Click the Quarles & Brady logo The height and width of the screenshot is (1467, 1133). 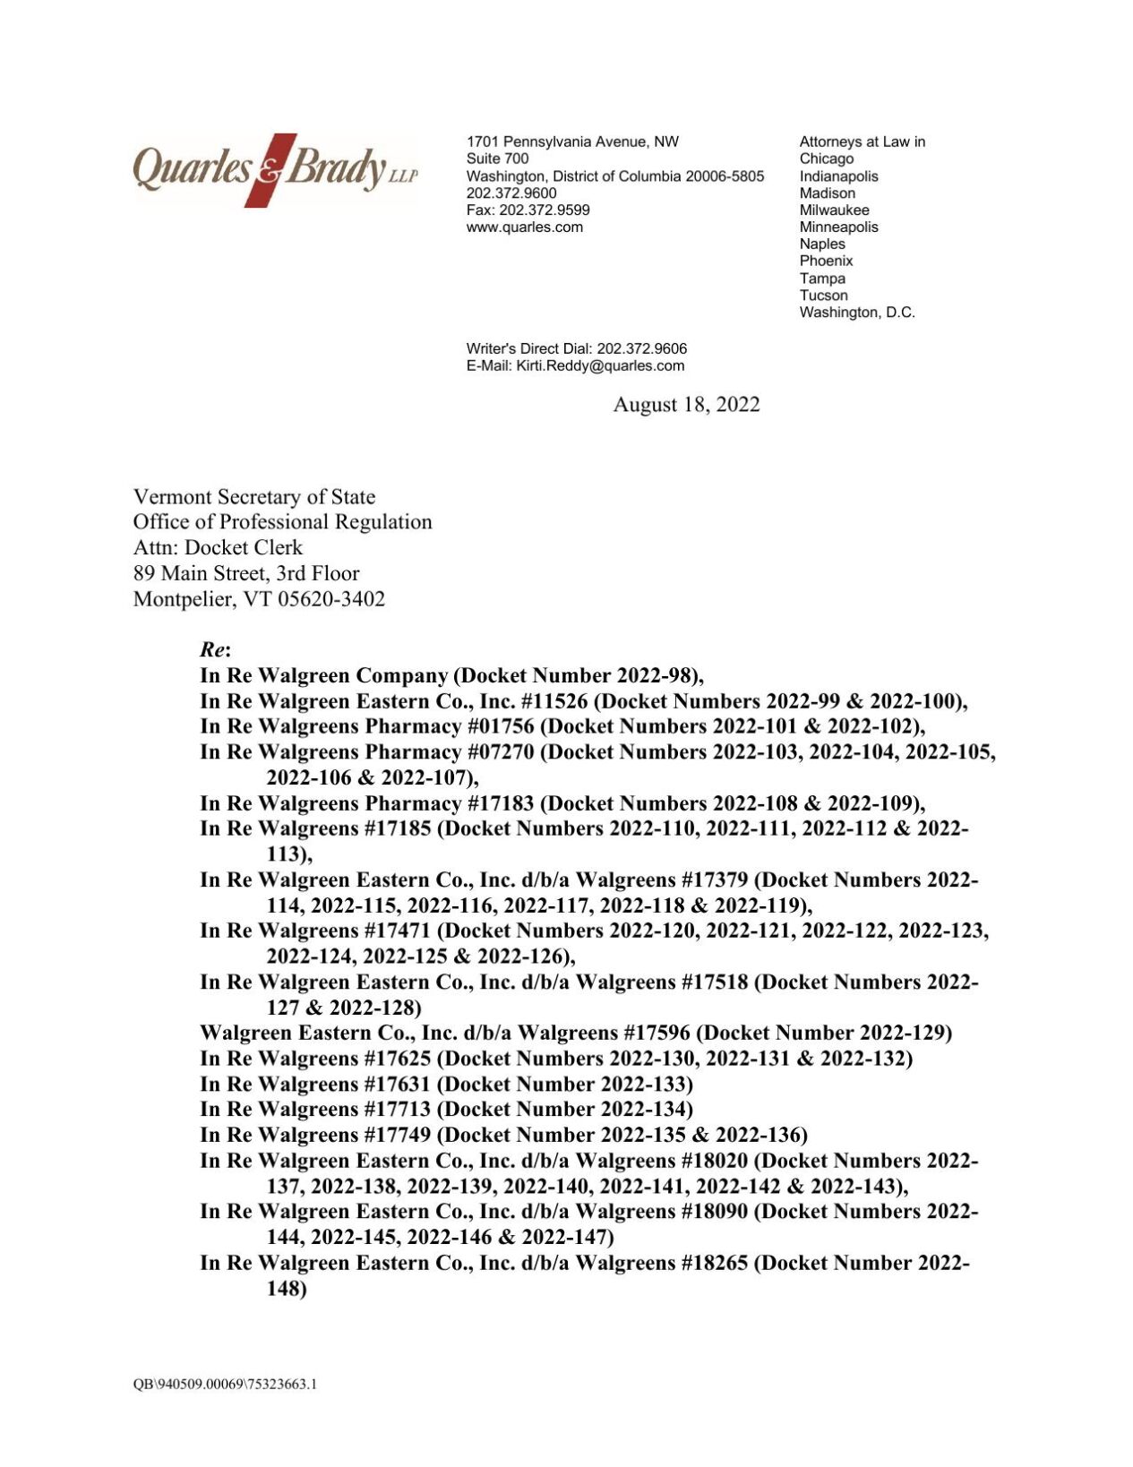click(275, 169)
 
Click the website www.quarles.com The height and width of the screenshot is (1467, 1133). click(524, 227)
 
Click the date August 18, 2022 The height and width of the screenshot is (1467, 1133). click(686, 405)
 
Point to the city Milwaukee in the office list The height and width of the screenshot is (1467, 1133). click(834, 210)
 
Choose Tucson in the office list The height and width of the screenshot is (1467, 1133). click(823, 296)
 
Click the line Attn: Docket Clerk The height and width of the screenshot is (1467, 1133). click(218, 547)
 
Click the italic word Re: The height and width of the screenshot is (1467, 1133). click(215, 649)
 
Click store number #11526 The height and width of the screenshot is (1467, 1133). click(554, 701)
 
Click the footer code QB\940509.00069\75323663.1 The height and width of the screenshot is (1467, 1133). click(225, 1384)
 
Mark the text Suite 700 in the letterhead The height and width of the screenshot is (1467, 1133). click(497, 159)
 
